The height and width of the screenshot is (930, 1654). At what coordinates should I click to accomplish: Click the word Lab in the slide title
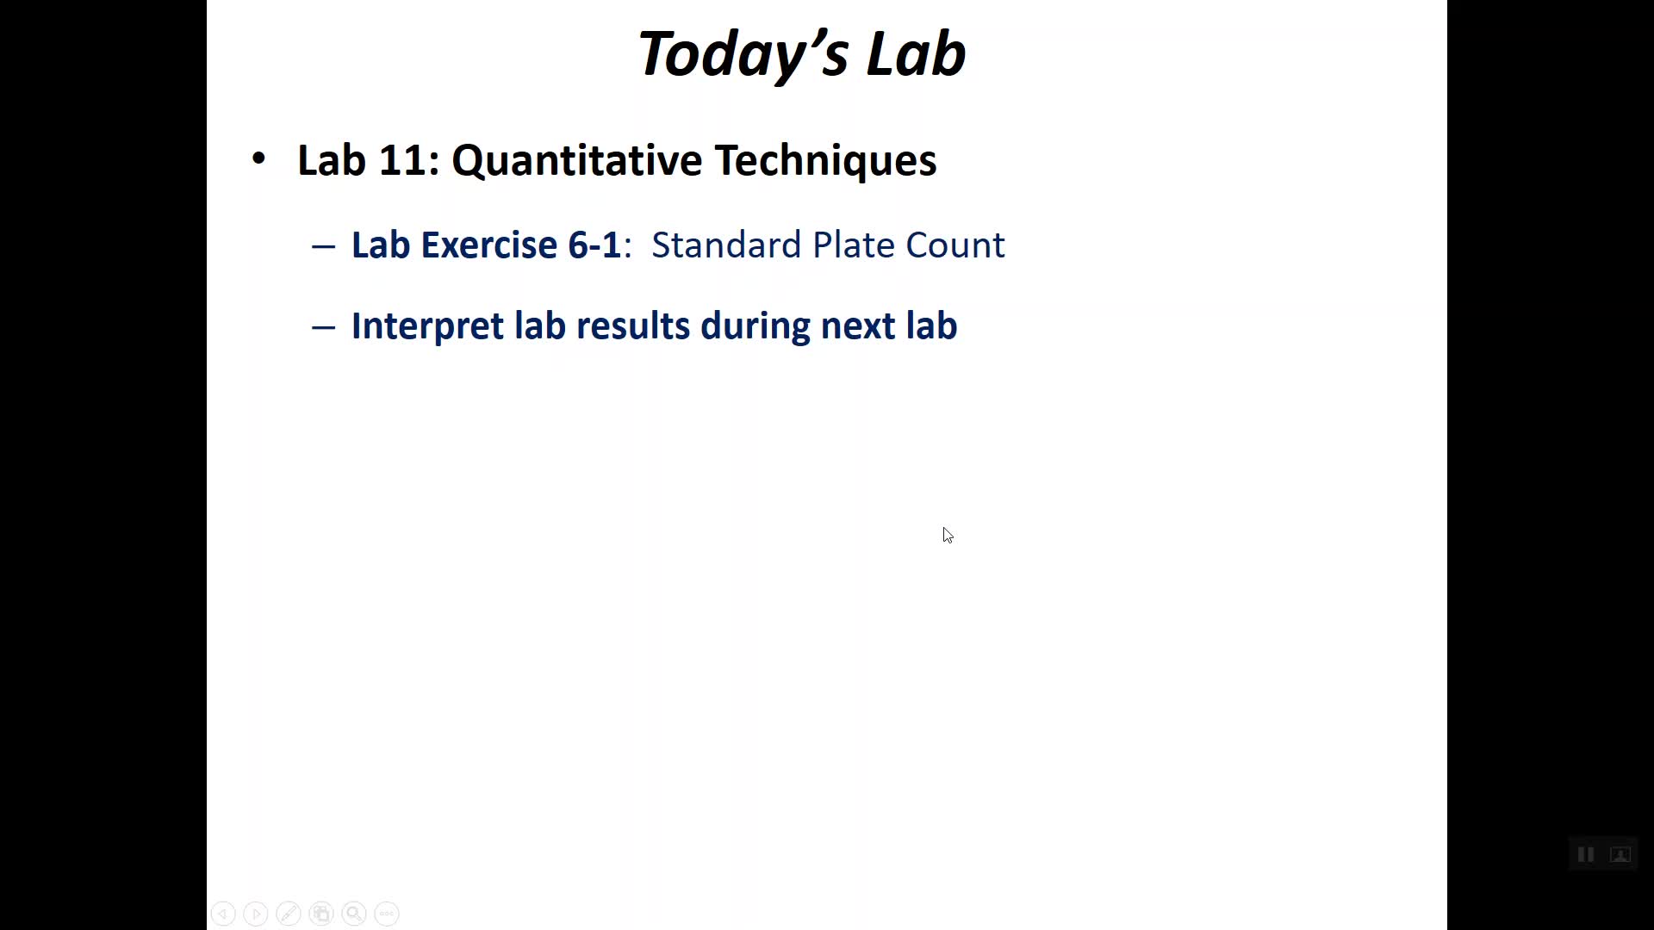tap(916, 53)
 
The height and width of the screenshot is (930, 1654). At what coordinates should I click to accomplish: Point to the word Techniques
tap(826, 160)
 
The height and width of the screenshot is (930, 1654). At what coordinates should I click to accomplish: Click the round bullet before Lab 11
tap(258, 158)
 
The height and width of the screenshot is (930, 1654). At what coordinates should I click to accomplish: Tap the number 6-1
tap(594, 245)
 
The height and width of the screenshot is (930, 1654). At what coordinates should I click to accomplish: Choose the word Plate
tap(854, 245)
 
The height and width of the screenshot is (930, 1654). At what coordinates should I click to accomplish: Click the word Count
tap(955, 245)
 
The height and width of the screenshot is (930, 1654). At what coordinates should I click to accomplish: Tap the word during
tap(755, 326)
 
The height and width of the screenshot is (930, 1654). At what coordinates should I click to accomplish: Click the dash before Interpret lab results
tap(323, 327)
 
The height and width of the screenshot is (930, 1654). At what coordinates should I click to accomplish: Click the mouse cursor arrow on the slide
tap(948, 536)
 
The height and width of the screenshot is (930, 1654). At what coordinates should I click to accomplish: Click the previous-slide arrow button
tap(223, 914)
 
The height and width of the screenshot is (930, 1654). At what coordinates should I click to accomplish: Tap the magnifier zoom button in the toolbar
tap(354, 914)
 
